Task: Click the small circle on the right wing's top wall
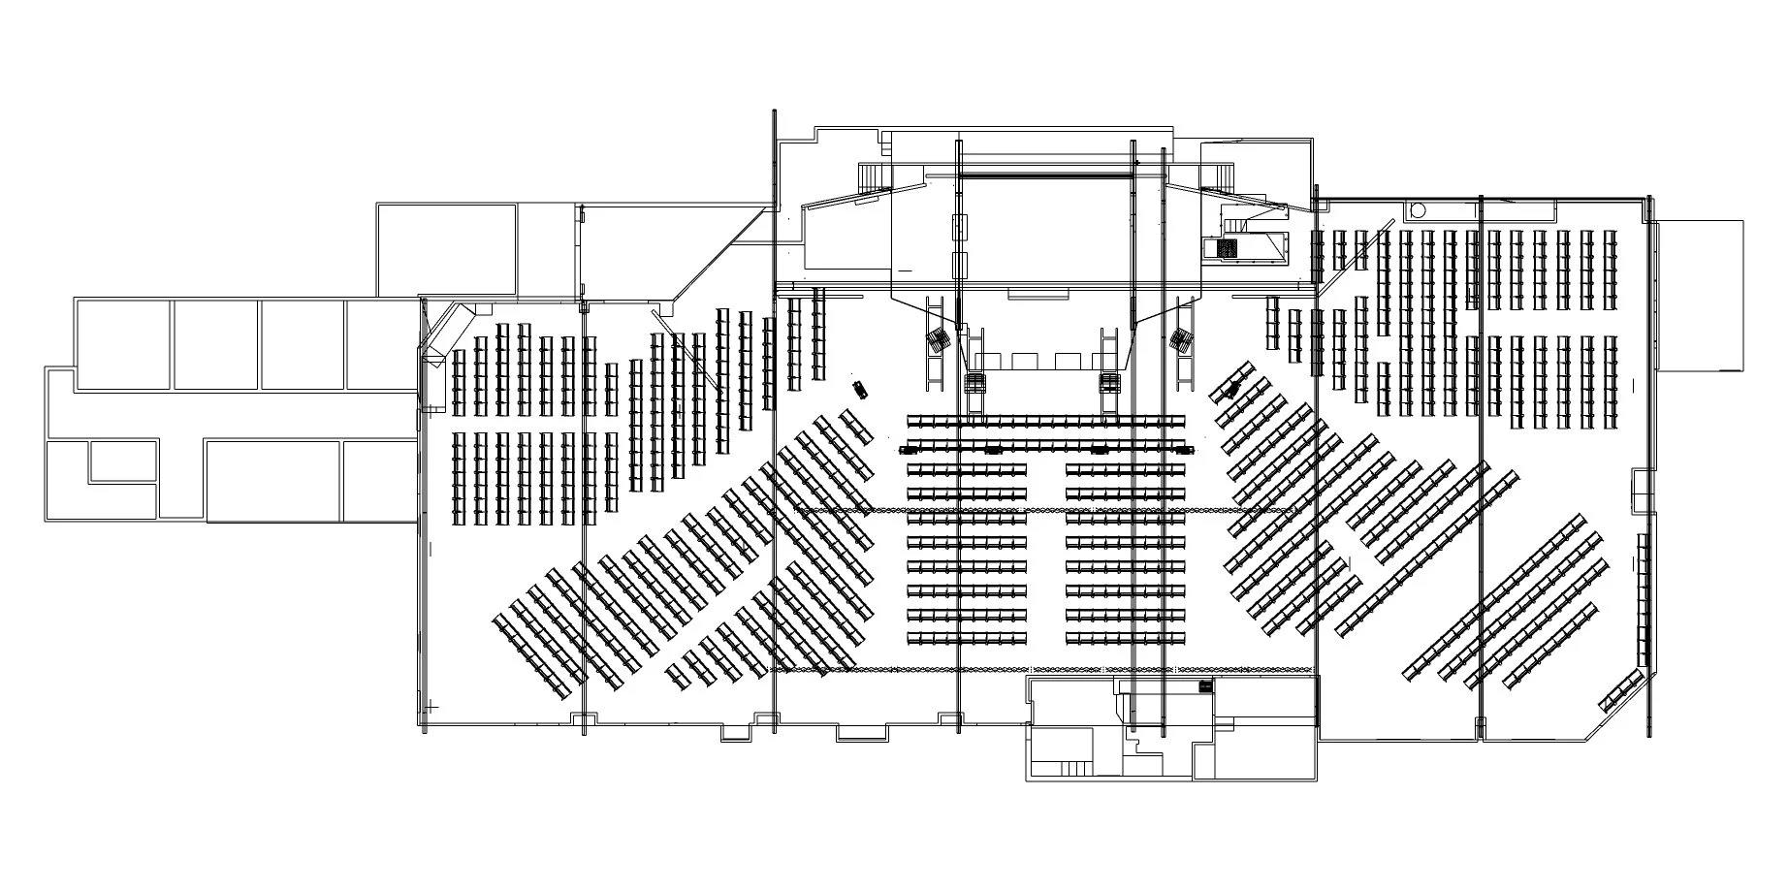click(1417, 208)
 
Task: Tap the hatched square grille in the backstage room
click(1229, 248)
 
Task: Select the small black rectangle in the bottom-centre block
click(1205, 686)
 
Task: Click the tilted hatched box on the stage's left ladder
click(938, 341)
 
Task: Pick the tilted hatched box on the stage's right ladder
click(1181, 340)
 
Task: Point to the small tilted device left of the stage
click(860, 390)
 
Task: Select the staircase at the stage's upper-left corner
click(876, 177)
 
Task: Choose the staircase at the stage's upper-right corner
click(1219, 177)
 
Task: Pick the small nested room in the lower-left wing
click(123, 461)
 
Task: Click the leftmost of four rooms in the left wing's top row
click(123, 344)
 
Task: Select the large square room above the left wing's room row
click(445, 249)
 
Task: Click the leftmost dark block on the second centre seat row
click(910, 450)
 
